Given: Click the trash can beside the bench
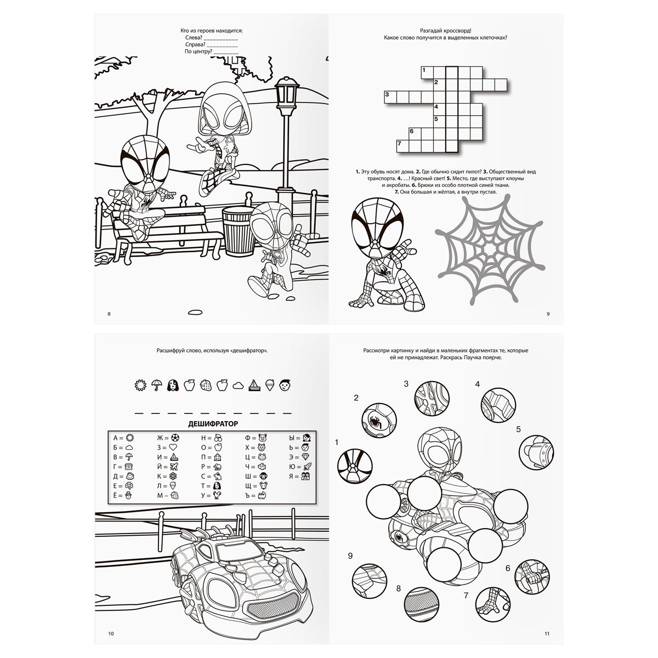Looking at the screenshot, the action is (238, 230).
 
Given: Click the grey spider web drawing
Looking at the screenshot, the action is (489, 249).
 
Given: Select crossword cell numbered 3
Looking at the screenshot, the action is (390, 97).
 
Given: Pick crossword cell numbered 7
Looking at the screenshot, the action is (402, 146).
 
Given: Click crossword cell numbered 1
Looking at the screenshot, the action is (427, 73).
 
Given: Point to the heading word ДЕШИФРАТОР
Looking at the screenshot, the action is (213, 424).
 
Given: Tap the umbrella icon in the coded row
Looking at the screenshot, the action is (156, 385).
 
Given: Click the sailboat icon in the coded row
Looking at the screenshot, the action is (254, 385).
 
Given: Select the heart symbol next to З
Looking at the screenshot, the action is (173, 447).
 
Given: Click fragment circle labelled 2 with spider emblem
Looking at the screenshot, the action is (379, 421).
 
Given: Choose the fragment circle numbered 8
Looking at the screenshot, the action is (421, 604).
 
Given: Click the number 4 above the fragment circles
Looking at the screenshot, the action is (478, 384).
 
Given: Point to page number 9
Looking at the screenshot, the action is (548, 314).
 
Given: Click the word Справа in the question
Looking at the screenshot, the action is (195, 44).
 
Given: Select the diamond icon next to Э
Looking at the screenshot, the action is (305, 457).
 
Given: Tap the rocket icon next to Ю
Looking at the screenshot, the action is (307, 467).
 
